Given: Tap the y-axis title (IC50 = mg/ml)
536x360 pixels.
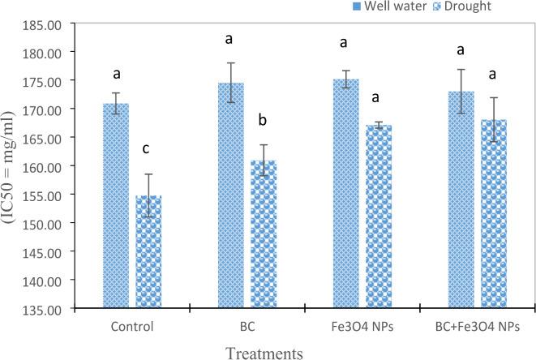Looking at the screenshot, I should tap(11, 165).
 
